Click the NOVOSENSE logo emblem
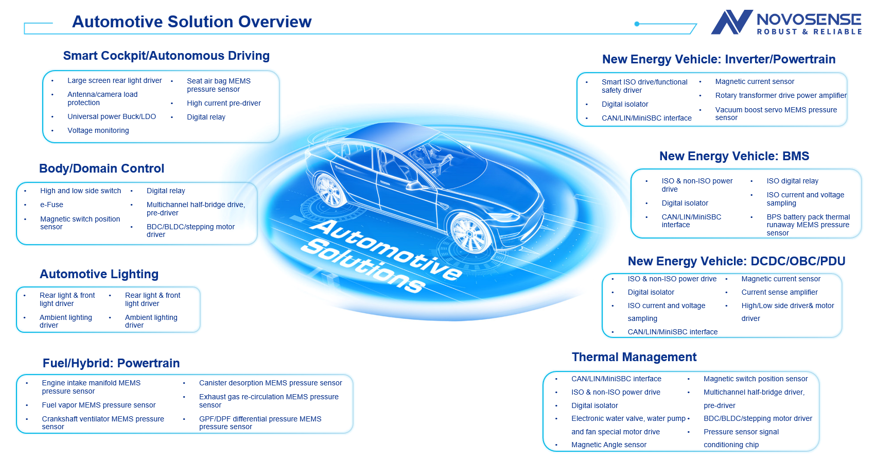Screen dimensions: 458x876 coord(731,23)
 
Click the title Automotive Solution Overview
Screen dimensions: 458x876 coord(191,22)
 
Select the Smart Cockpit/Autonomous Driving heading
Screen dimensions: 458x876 coord(166,56)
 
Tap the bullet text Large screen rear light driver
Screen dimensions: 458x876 coord(114,80)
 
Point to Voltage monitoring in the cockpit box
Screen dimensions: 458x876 coord(98,130)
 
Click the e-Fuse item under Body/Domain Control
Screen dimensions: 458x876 coord(51,205)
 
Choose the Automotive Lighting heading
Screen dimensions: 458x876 coord(99,274)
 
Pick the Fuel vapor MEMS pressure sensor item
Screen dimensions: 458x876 coord(98,405)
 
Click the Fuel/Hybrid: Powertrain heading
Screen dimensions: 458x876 coord(111,363)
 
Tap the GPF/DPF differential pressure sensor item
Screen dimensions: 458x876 coord(260,422)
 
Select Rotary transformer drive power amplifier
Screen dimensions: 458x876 coord(780,95)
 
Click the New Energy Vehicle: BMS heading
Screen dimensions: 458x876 coord(734,156)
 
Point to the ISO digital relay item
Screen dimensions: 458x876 coord(792,181)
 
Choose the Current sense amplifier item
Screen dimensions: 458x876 coord(779,292)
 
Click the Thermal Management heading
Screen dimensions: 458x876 coord(634,357)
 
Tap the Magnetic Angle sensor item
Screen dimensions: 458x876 coord(608,445)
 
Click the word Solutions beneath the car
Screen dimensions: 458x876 coord(363,266)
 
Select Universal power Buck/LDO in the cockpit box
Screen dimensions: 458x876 coord(111,116)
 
